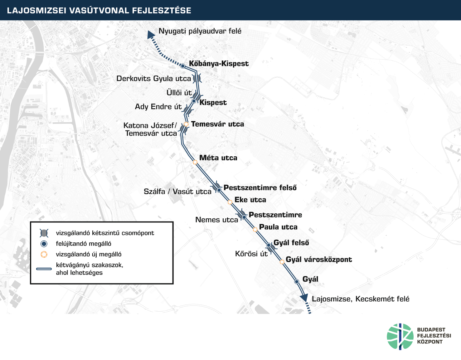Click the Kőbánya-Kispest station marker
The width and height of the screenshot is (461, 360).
click(x=183, y=66)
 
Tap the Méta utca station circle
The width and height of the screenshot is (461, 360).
click(x=195, y=162)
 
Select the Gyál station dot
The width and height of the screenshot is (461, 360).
click(x=297, y=281)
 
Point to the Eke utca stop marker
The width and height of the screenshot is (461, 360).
click(x=230, y=202)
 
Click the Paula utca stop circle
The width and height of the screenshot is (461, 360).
click(x=255, y=229)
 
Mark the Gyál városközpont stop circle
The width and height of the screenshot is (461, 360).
click(x=282, y=262)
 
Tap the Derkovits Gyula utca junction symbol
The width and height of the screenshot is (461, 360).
click(x=197, y=79)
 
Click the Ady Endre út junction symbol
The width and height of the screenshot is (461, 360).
click(x=187, y=110)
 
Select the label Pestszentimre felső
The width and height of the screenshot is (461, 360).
click(x=260, y=187)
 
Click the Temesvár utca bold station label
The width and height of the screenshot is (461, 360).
click(x=217, y=124)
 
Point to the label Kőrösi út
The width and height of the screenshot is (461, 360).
click(x=251, y=254)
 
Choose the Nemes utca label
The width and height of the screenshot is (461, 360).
click(x=216, y=220)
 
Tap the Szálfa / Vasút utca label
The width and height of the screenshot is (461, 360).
click(x=177, y=191)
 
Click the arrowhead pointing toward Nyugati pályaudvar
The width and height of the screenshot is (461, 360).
click(x=151, y=35)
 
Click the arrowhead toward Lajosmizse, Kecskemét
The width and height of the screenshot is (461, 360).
click(x=304, y=298)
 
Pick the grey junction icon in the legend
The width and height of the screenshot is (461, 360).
click(x=44, y=233)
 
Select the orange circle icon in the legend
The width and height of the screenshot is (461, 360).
click(x=44, y=254)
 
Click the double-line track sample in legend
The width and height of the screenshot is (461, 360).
click(x=44, y=269)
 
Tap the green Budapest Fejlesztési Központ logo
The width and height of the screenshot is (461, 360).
click(x=400, y=337)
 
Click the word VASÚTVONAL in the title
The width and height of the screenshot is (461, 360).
click(x=99, y=10)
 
